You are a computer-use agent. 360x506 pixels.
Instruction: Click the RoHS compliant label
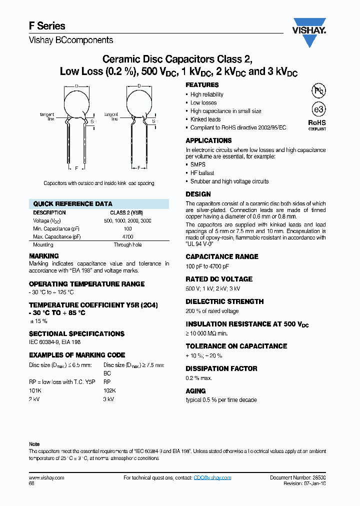317,124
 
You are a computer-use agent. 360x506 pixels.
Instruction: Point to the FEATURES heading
202,85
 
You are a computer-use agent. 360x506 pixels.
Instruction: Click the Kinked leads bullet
205,119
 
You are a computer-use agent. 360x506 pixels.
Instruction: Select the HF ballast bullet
202,173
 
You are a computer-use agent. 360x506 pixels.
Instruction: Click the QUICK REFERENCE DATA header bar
99,204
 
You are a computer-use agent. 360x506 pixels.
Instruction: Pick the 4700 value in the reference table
127,236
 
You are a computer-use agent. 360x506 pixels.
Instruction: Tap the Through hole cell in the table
127,245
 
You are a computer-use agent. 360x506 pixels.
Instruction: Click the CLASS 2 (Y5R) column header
127,212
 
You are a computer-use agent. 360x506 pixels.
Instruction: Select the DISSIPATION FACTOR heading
221,368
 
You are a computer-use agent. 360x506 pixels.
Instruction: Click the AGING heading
195,391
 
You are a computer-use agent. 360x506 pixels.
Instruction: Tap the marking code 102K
109,390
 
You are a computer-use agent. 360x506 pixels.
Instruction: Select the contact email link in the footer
212,478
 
